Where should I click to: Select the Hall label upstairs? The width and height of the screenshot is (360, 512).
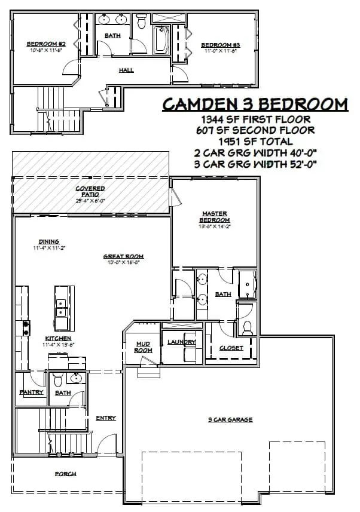126,70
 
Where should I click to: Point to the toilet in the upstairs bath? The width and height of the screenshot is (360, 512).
142,22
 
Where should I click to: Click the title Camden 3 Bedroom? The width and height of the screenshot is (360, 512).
255,104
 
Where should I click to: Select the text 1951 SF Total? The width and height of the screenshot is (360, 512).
255,142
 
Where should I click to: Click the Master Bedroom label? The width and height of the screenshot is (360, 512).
215,216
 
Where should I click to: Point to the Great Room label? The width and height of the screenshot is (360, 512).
124,257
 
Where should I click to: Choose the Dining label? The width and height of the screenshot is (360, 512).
50,242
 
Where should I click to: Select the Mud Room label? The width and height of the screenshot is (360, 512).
143,347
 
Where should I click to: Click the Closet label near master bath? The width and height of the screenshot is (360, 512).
231,347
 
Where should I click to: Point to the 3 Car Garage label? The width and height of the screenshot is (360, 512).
230,419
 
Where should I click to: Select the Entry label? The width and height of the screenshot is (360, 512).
106,418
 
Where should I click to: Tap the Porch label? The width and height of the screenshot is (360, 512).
66,474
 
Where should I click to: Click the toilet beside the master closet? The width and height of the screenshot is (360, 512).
247,327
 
